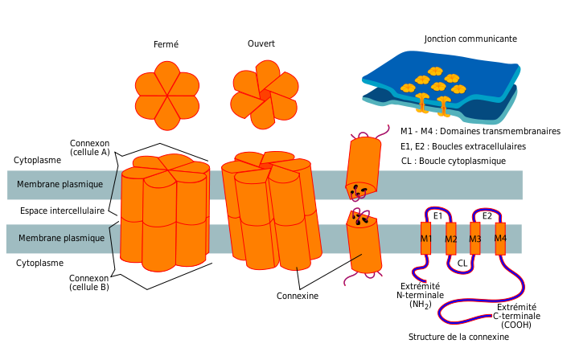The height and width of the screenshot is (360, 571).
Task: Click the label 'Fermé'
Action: pyautogui.click(x=166, y=44)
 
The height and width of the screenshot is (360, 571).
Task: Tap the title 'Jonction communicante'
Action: pyautogui.click(x=470, y=39)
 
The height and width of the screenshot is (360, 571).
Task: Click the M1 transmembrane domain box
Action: pyautogui.click(x=425, y=239)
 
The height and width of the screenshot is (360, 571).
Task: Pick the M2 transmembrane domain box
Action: pyautogui.click(x=450, y=239)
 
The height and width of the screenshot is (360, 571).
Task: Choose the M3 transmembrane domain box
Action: pyautogui.click(x=474, y=239)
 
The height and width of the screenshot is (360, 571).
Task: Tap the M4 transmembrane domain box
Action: pyautogui.click(x=499, y=239)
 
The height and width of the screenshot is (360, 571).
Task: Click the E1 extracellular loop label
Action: pyautogui.click(x=437, y=216)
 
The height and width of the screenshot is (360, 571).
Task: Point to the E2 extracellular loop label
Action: pyautogui.click(x=487, y=216)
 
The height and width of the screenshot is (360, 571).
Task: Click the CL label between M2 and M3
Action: pyautogui.click(x=462, y=263)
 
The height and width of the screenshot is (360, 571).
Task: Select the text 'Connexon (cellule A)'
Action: pyautogui.click(x=90, y=147)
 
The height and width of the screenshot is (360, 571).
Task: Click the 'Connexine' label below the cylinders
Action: pyautogui.click(x=298, y=296)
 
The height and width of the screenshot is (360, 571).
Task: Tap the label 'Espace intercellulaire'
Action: pyautogui.click(x=62, y=211)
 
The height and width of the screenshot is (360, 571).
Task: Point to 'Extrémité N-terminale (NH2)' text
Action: pyautogui.click(x=421, y=295)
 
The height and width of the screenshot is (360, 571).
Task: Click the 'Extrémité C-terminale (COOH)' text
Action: pyautogui.click(x=516, y=316)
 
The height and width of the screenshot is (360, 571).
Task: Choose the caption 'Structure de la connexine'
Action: pyautogui.click(x=458, y=337)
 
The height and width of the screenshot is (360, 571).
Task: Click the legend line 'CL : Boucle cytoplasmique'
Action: pyautogui.click(x=453, y=161)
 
